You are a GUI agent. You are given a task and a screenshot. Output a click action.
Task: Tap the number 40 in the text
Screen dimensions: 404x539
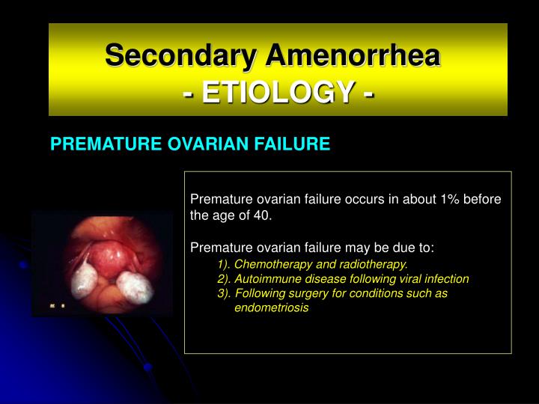264,216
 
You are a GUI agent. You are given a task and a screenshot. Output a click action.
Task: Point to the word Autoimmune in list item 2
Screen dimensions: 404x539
266,279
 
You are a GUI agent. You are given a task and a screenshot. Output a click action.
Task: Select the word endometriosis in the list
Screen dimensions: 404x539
271,307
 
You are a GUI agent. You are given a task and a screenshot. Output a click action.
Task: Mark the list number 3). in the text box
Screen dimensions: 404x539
225,293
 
